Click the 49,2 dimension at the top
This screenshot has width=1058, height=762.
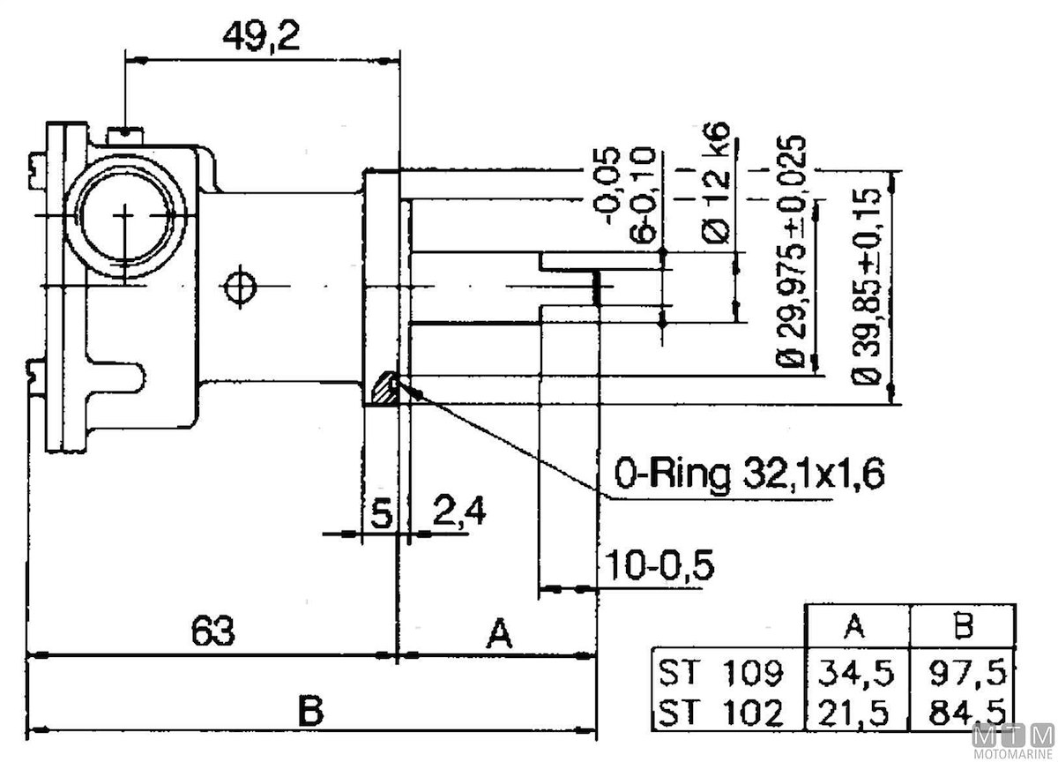262,37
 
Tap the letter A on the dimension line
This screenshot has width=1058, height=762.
500,632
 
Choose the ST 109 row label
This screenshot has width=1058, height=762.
719,674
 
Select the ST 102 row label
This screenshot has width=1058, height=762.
719,711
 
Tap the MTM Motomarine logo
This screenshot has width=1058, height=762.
1013,739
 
